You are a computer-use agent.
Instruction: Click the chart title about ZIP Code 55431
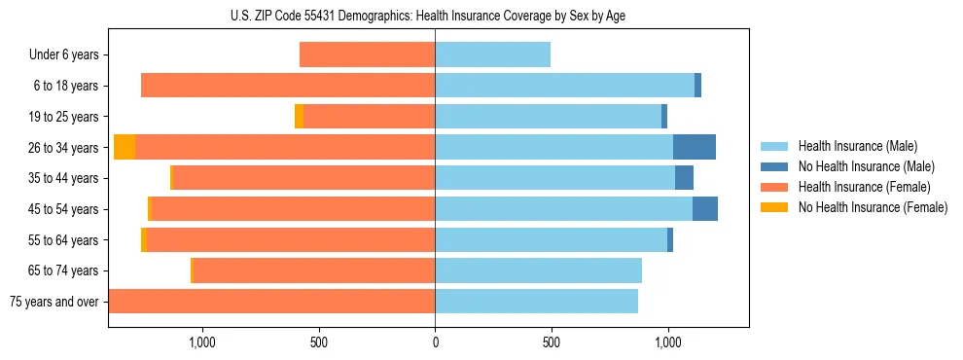435,15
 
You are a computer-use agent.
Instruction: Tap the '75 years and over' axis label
54,302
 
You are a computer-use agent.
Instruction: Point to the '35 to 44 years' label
64,178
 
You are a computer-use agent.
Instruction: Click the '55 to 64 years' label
64,240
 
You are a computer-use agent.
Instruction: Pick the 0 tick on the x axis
435,342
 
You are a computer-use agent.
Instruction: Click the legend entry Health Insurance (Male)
851,147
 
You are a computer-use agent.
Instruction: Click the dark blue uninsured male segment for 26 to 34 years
695,147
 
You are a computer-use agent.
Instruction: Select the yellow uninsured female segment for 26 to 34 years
125,147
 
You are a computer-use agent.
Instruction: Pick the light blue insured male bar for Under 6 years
492,54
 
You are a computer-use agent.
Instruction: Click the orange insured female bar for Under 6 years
367,54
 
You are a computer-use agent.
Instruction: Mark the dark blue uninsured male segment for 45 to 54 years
705,209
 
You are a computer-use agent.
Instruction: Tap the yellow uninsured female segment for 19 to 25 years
299,117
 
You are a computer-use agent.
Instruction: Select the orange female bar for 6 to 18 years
288,86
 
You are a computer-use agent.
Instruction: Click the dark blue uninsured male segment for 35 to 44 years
684,178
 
